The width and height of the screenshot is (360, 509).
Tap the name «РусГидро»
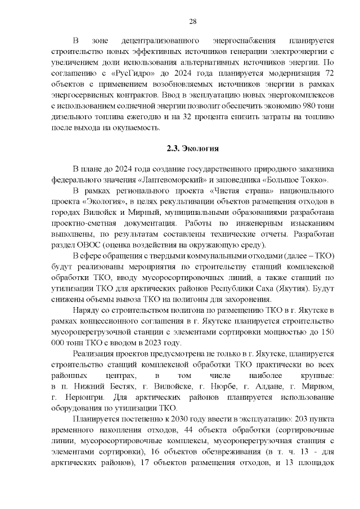pyautogui.click(x=130, y=74)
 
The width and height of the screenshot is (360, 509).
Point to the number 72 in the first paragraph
pyautogui.click(x=329, y=74)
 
